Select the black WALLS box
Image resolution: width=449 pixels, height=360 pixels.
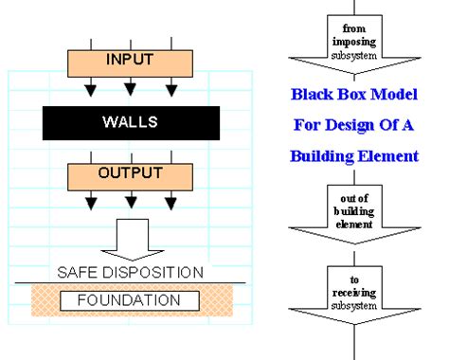(x=131, y=121)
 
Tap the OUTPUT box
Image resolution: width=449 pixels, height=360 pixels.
(x=131, y=175)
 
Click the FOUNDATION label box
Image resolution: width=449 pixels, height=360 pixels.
(x=131, y=301)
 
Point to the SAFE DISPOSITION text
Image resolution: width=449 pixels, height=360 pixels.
(x=131, y=272)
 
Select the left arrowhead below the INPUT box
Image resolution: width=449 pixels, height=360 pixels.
(x=90, y=90)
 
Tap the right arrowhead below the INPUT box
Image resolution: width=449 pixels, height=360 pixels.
(x=171, y=90)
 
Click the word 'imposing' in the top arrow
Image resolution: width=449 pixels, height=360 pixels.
(x=354, y=42)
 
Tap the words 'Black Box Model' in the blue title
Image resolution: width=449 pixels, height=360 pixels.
(x=353, y=95)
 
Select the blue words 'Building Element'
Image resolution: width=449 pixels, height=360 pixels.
(x=353, y=155)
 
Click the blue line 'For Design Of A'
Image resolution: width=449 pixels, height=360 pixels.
(x=353, y=125)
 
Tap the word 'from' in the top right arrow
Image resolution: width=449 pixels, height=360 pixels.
(x=354, y=30)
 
